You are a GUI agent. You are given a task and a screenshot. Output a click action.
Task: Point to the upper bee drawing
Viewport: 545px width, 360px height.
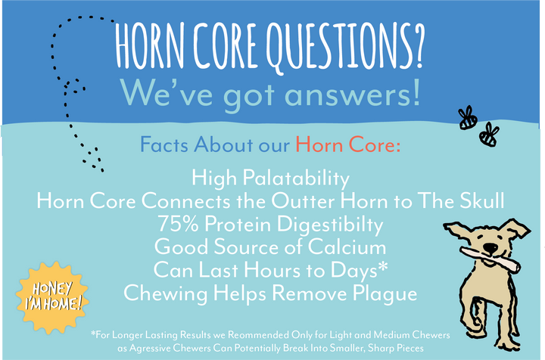click(466, 118)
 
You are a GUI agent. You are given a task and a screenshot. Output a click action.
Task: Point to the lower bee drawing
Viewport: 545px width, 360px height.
click(490, 135)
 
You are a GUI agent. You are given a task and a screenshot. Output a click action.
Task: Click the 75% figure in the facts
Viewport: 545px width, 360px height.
click(176, 224)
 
